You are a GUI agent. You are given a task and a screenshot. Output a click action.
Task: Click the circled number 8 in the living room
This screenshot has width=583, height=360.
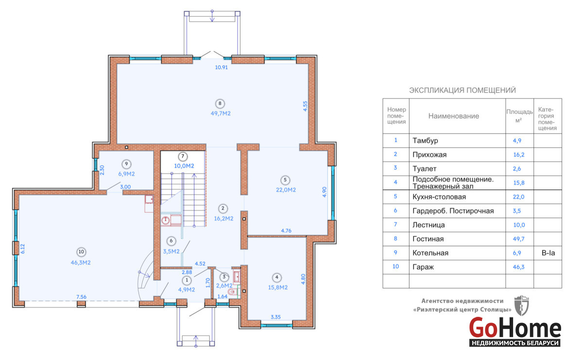[x=220, y=103]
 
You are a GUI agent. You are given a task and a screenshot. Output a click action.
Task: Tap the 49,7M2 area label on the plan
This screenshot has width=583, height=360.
[x=221, y=114]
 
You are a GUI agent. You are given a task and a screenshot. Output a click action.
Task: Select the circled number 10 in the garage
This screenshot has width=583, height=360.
[x=81, y=252]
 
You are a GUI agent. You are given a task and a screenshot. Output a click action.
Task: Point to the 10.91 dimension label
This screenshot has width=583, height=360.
[x=222, y=68]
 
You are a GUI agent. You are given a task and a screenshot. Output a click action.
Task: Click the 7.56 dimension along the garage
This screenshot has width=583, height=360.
[x=82, y=297]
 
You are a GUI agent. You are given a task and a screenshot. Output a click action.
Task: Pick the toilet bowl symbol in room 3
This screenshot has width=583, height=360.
[x=231, y=292]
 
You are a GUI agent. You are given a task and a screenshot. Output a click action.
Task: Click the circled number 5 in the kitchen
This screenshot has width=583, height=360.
[x=285, y=180]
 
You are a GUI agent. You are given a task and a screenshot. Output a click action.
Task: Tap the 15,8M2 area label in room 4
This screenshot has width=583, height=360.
[x=278, y=288]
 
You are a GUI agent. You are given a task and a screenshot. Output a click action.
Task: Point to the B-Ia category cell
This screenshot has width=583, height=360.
[x=548, y=253]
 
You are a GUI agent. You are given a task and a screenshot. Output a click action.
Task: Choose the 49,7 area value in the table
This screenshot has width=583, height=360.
[x=519, y=239]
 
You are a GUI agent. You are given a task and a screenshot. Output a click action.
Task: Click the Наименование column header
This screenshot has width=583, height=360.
[x=454, y=116]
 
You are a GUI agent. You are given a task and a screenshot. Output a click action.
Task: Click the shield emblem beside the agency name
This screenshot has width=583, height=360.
[x=522, y=306]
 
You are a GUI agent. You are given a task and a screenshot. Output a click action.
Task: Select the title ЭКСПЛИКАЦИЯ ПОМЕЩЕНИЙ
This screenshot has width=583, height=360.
[x=463, y=90]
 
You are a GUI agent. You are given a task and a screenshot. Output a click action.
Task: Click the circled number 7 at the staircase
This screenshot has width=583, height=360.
[x=183, y=156]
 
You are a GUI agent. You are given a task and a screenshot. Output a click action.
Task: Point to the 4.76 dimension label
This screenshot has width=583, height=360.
[x=286, y=231]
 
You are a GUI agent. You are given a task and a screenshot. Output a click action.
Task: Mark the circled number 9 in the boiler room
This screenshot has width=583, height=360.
[x=126, y=164]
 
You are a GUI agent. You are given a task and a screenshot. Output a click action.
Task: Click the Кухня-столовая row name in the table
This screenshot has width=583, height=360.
[x=439, y=197]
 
